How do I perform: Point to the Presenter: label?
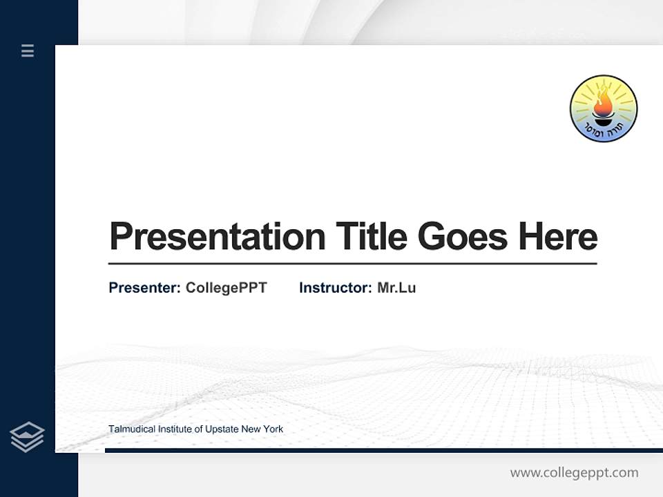coord(144,288)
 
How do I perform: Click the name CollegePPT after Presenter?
coord(226,288)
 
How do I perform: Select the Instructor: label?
coord(335,288)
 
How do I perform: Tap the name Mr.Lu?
coord(396,288)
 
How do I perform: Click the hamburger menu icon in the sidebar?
coord(28,50)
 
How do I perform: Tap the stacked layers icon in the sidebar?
coord(28,437)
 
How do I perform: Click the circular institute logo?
coord(604,108)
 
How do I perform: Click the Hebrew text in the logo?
coord(604,131)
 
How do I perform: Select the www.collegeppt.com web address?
coord(574,473)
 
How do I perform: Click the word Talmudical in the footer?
coord(131,429)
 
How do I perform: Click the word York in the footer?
coord(273,429)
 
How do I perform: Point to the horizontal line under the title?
coord(352,264)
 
